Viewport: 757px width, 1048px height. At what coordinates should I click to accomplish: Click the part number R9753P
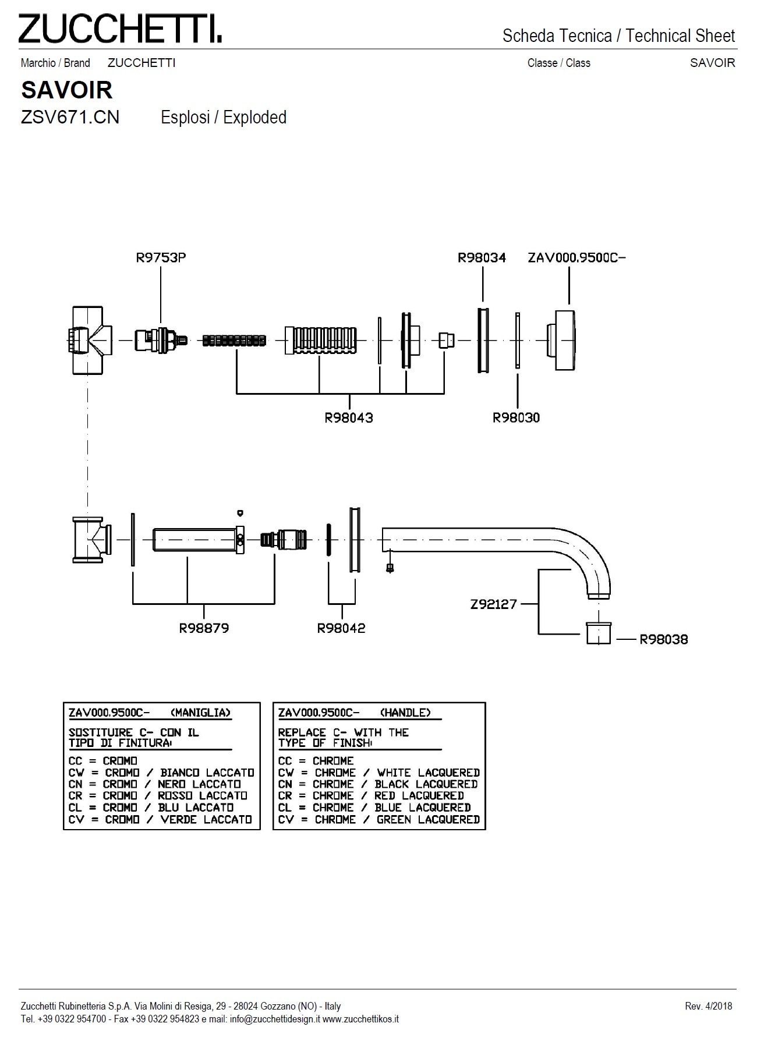pyautogui.click(x=161, y=257)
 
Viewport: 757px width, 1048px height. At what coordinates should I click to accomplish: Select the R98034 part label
pyautogui.click(x=482, y=257)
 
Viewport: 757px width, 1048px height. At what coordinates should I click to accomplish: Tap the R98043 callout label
pyautogui.click(x=349, y=417)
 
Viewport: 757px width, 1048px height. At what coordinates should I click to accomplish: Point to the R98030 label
pyautogui.click(x=516, y=417)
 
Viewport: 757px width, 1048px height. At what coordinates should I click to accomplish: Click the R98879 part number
pyautogui.click(x=204, y=628)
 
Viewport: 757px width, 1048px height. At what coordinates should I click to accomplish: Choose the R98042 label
pyautogui.click(x=341, y=628)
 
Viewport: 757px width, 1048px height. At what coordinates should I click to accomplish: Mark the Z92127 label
pyautogui.click(x=494, y=604)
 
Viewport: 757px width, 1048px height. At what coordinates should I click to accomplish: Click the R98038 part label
pyautogui.click(x=664, y=639)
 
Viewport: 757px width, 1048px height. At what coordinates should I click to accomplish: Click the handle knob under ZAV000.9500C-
pyautogui.click(x=563, y=340)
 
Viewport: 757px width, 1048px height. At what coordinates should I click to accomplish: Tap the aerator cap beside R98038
pyautogui.click(x=598, y=633)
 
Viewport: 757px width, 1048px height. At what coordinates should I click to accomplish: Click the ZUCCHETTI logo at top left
pyautogui.click(x=119, y=29)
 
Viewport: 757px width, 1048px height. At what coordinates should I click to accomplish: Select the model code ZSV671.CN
pyautogui.click(x=70, y=118)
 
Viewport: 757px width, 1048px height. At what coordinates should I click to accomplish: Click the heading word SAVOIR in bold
pyautogui.click(x=66, y=90)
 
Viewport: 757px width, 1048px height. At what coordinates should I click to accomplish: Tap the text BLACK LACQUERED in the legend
pyautogui.click(x=426, y=784)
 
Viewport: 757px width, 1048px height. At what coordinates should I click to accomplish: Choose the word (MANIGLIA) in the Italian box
pyautogui.click(x=201, y=713)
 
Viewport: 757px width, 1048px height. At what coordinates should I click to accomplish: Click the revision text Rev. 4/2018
pyautogui.click(x=709, y=1006)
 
